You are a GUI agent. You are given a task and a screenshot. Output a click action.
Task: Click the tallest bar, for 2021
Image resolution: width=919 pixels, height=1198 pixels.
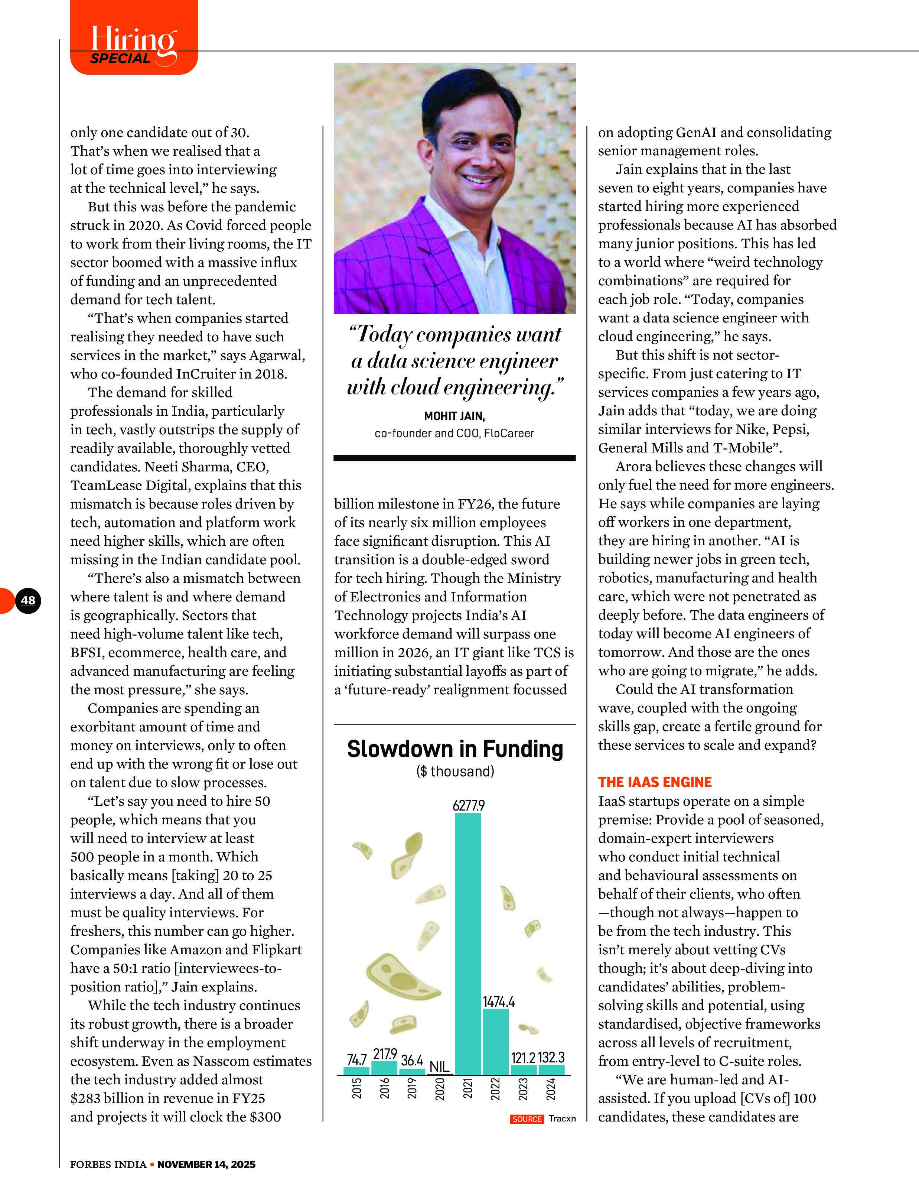point(468,944)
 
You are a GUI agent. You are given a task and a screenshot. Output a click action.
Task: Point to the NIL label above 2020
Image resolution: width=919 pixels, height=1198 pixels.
point(439,1066)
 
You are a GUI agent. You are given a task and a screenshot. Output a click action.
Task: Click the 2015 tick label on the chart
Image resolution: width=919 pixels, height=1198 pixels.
point(357,1088)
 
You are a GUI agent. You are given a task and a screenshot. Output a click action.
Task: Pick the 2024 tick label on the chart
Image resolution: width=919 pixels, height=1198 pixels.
point(551,1088)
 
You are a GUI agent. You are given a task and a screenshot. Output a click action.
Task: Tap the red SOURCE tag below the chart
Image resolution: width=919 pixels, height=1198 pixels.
point(527,1119)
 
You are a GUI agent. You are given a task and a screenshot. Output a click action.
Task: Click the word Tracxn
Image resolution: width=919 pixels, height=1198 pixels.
point(562,1119)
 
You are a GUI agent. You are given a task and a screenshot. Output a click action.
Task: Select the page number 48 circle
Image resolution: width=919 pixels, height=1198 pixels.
point(28,600)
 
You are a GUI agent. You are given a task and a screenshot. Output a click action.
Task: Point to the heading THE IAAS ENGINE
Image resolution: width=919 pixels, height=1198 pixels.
point(655,782)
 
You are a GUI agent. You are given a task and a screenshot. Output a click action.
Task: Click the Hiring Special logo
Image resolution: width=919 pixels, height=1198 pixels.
point(133,45)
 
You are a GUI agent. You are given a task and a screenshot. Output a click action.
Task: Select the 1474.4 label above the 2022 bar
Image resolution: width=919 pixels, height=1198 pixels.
point(498,1001)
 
